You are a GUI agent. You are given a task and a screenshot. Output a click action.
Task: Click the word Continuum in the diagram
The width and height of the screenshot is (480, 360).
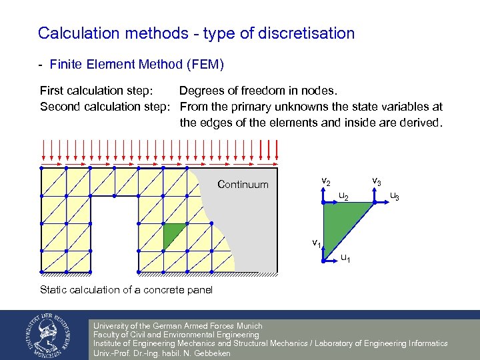(x=243, y=185)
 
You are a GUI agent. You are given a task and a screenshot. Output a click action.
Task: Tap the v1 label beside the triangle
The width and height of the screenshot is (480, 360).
(x=317, y=243)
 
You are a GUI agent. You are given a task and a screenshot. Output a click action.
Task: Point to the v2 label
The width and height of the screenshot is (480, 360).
(x=326, y=181)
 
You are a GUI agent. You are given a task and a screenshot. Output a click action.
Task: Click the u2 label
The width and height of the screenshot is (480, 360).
(x=343, y=196)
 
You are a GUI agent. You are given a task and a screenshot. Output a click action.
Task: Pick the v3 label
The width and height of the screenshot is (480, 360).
(x=377, y=181)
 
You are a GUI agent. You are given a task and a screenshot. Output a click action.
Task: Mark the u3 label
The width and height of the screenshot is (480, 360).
(x=395, y=196)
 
